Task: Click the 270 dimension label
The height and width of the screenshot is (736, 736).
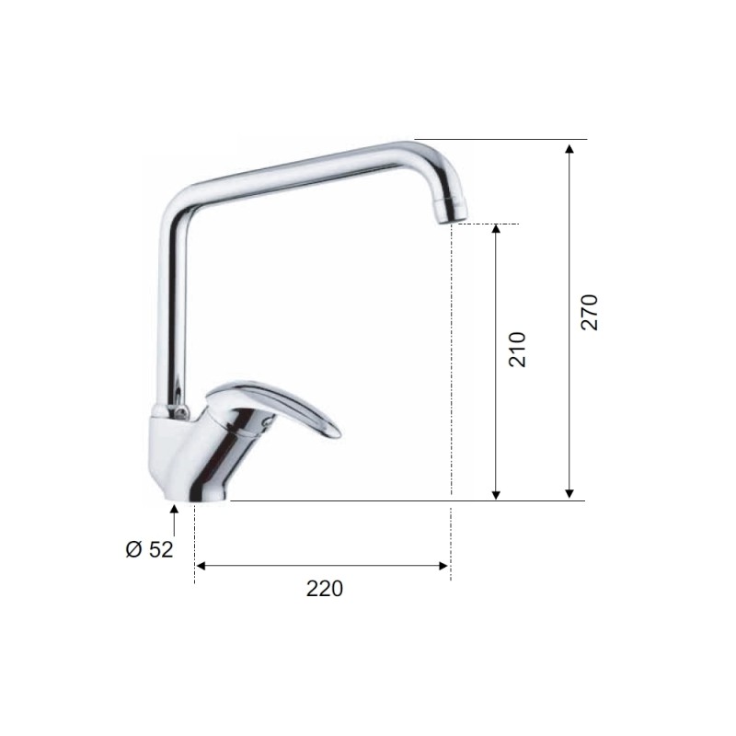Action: click(590, 312)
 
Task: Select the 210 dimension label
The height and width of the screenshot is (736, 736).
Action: click(517, 350)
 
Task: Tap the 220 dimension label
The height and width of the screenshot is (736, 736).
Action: click(325, 589)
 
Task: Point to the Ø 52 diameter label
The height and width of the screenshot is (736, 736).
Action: click(149, 549)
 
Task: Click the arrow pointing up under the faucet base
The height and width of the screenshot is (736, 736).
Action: click(174, 520)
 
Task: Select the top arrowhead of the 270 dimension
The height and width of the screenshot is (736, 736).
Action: click(569, 149)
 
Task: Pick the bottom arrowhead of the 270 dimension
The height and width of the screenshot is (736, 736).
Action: click(569, 493)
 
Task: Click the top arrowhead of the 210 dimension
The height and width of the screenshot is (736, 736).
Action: click(496, 229)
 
